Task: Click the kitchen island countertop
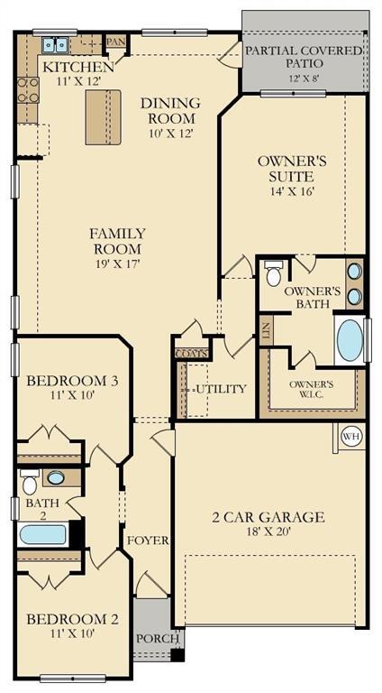[103, 117]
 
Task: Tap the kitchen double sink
[56, 43]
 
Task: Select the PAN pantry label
[115, 42]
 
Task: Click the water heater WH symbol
[351, 437]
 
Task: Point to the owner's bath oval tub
[349, 339]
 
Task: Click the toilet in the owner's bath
[274, 274]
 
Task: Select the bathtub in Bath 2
[42, 534]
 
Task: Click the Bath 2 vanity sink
[56, 478]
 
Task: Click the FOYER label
[148, 541]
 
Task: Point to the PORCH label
[151, 638]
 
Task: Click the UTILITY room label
[221, 389]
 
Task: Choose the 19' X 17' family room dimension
[117, 263]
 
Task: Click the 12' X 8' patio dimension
[305, 79]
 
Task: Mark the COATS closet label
[192, 353]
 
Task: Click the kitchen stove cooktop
[27, 89]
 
